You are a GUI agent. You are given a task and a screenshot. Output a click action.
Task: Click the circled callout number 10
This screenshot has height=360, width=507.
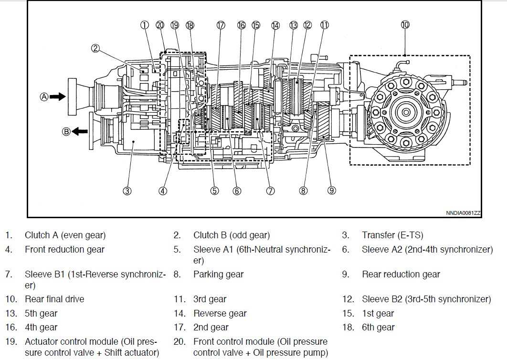point(405,25)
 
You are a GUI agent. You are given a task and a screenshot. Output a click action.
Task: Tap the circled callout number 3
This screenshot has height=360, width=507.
point(127,191)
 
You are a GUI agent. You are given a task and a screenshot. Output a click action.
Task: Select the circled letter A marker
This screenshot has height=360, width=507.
point(44,96)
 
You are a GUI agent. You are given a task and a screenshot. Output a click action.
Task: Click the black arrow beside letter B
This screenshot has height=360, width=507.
point(80,131)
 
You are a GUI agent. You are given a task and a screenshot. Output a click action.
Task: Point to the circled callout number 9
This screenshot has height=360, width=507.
point(332,191)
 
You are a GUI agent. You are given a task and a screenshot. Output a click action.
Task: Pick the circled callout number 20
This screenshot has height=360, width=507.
point(160,25)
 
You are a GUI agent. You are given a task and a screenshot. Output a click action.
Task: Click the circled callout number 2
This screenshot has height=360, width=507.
point(95,48)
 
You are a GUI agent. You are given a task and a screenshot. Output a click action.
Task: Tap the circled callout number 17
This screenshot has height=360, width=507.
point(220,25)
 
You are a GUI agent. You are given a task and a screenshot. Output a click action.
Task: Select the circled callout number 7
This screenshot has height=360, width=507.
point(270,191)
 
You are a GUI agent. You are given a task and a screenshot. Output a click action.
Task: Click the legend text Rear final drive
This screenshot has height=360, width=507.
point(54,299)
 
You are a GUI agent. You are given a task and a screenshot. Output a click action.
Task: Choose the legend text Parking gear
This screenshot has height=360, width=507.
point(218,275)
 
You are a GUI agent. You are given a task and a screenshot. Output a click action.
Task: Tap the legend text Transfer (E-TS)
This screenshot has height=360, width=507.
point(392,235)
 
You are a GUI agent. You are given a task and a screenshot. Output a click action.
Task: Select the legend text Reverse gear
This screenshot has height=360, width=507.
point(220,314)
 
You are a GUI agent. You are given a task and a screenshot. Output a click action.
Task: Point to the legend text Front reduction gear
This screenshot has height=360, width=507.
point(64,249)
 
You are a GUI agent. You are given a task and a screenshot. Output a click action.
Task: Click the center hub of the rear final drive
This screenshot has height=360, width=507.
point(405,113)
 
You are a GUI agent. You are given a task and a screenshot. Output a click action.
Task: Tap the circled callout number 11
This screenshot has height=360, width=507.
point(325,25)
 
